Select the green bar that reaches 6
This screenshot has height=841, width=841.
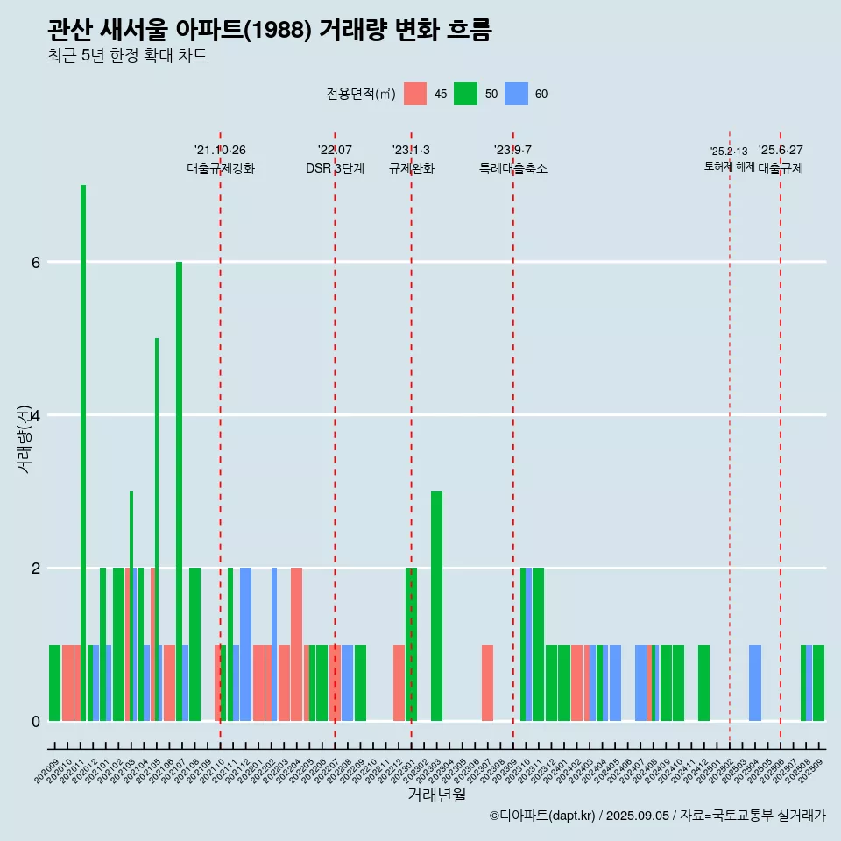pos(179,491)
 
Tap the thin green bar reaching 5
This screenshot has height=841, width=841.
pos(157,526)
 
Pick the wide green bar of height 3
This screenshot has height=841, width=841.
pos(436,604)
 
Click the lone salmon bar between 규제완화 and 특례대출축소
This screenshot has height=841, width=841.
pos(487,682)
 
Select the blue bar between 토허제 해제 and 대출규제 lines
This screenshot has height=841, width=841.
pos(755,682)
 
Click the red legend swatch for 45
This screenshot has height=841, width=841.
pos(415,94)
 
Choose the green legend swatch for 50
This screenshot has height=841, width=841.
pos(466,94)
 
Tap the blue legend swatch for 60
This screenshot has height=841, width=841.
pos(517,94)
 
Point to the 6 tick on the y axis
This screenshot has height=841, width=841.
pos(35,262)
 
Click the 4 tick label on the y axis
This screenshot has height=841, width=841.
pos(35,415)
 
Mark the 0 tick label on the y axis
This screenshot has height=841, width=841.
pos(35,721)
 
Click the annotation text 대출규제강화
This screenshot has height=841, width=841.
pos(221,168)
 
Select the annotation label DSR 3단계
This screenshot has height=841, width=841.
pos(335,168)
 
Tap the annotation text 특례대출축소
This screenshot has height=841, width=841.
pos(513,168)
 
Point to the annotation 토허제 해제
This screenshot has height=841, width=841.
pos(729,166)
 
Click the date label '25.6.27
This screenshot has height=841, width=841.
pos(781,151)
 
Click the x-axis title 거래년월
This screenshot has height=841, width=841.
pos(436,795)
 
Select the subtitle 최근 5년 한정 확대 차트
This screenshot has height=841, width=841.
pos(127,56)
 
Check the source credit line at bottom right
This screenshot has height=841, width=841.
pos(657,816)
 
